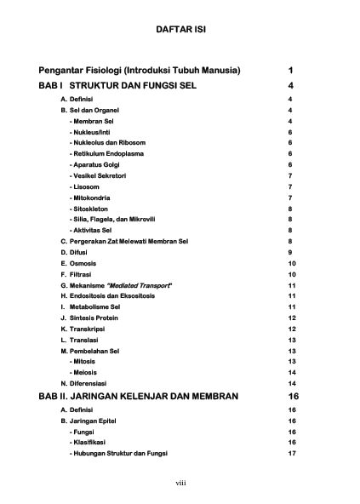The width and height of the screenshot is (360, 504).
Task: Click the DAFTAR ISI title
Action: click(180, 30)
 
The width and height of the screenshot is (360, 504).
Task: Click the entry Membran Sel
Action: click(91, 122)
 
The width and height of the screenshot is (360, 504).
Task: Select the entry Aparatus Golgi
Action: click(96, 164)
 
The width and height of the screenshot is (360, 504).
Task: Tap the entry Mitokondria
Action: click(92, 198)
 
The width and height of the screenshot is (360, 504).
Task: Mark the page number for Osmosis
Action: click(291, 264)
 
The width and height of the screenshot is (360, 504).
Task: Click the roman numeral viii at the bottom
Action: click(180, 483)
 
